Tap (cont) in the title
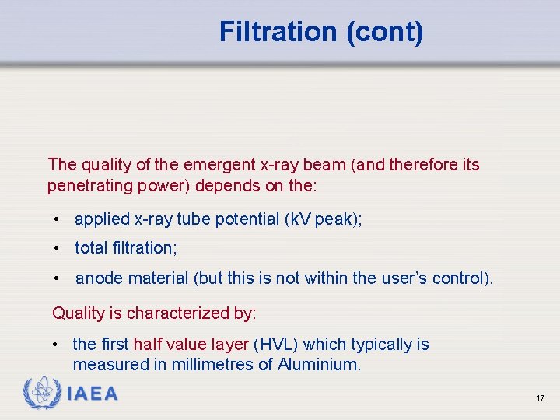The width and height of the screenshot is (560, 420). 383,32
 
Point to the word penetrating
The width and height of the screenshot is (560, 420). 86,187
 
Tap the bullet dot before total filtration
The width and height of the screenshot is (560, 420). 58,249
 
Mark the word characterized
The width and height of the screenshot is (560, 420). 172,313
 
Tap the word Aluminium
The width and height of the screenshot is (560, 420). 319,365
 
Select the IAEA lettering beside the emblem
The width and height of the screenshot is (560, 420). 93,394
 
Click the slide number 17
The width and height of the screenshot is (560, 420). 540,398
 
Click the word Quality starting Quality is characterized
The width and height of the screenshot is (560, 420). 78,313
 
